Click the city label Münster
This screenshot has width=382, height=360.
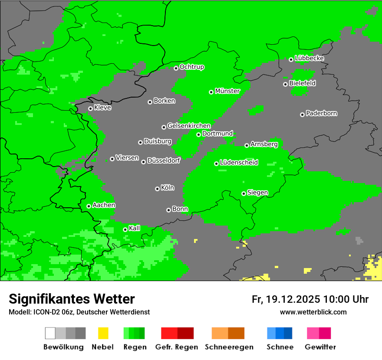pos(227,91)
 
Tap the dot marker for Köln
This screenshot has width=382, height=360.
pos(157,189)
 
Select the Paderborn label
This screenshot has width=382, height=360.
pos(321,113)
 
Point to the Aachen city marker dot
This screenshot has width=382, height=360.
pos(89,206)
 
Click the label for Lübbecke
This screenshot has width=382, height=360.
pos(309,58)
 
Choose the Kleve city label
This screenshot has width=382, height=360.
pos(102,108)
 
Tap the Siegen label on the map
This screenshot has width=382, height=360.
pos(257,193)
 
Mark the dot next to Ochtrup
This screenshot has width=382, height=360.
pos(176,68)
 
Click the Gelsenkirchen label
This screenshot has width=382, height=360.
pos(189,126)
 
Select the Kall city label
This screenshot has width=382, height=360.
pos(134,228)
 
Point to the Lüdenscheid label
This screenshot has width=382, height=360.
pos(239,163)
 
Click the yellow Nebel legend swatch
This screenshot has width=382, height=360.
pos(103,333)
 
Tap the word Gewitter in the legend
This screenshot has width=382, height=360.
pos(320,347)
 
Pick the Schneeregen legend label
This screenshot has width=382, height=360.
pos(229,347)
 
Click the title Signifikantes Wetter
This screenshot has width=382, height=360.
pos(72,299)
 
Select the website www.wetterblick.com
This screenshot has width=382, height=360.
pos(313,312)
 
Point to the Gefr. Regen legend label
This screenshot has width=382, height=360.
pos(177,347)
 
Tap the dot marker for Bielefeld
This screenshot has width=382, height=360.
pos(285,84)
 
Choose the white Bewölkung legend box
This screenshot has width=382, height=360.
pos(50,333)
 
